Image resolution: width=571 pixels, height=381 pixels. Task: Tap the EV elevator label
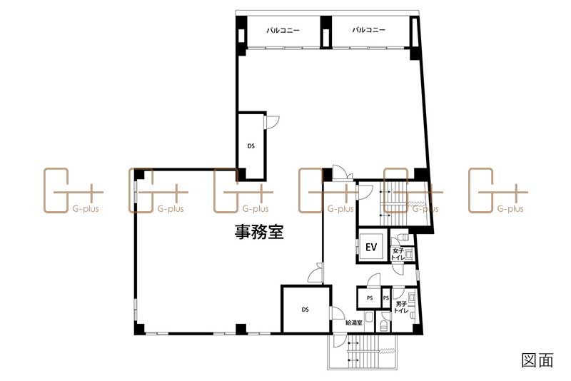click(371, 247)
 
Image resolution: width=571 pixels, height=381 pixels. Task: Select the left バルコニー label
click(283, 31)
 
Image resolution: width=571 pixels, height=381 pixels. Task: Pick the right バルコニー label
click(369, 31)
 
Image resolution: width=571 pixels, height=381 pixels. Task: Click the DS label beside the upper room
click(251, 146)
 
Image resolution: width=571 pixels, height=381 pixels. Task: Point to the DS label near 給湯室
click(305, 310)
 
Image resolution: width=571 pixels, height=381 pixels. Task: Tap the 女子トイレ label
click(398, 255)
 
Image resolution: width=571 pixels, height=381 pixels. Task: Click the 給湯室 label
click(354, 323)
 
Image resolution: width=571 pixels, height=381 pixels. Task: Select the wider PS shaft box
click(370, 298)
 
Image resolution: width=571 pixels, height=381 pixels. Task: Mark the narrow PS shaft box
click(386, 298)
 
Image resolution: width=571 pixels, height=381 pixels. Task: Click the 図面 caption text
click(537, 360)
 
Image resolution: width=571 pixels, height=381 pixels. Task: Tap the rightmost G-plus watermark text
click(510, 209)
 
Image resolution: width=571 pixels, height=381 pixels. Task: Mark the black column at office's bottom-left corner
click(140, 329)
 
